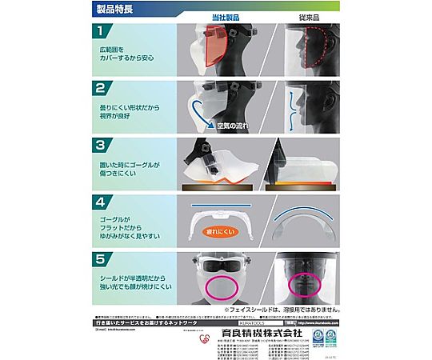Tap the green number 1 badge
(x=100, y=33)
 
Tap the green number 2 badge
(x=100, y=88)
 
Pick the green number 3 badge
(x=100, y=146)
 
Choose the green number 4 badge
(x=100, y=202)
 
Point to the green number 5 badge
(x=100, y=258)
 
